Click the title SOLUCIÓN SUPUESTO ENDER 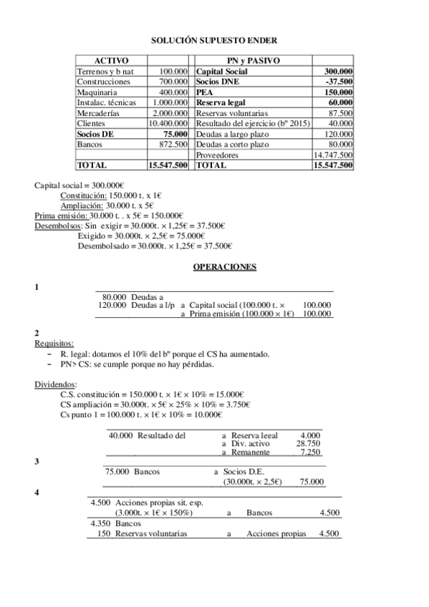click(x=214, y=42)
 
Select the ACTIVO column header click(x=111, y=62)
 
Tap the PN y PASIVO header click(x=253, y=62)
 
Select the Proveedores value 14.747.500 click(x=333, y=155)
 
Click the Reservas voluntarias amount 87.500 click(x=340, y=113)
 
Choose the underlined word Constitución click(x=82, y=195)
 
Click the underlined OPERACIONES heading click(x=214, y=266)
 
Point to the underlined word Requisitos click(x=54, y=343)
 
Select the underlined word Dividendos click(x=56, y=384)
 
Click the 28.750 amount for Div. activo click(x=308, y=443)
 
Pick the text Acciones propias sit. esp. click(x=158, y=503)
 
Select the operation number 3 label click(x=37, y=462)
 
